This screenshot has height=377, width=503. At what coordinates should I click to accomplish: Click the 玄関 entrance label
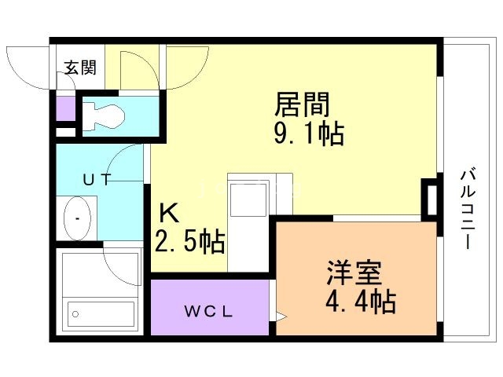click(x=80, y=68)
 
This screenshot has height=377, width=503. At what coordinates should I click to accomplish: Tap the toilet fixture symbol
click(x=103, y=116)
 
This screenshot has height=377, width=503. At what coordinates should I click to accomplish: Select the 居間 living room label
click(x=302, y=104)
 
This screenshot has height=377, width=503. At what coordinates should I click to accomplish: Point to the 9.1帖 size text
click(x=309, y=134)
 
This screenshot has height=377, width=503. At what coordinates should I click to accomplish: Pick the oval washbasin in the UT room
click(x=77, y=218)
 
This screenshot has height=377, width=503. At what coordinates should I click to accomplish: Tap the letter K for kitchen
click(x=169, y=214)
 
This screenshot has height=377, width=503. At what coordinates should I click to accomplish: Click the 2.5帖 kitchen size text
click(x=189, y=242)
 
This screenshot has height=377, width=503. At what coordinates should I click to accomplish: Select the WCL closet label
click(x=208, y=311)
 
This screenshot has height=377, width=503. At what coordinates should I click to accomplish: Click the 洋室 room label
click(x=354, y=273)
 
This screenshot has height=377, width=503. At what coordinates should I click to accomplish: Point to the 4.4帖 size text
click(x=361, y=302)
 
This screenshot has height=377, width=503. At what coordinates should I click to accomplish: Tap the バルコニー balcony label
click(x=468, y=210)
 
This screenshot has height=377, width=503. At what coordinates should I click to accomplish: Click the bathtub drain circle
click(x=75, y=314)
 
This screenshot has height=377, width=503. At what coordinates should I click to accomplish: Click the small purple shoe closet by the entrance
click(x=66, y=108)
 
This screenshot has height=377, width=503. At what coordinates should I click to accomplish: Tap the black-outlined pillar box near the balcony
click(x=431, y=200)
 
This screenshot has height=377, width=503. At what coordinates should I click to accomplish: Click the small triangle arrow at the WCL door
click(x=281, y=316)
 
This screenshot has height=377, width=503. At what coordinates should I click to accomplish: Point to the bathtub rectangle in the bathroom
click(x=101, y=314)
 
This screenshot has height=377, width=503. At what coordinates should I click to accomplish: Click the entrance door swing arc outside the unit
click(x=28, y=68)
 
